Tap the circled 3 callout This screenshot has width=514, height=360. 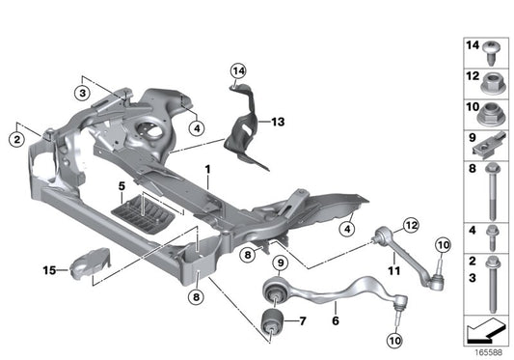84,92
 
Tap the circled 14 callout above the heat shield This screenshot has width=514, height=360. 238,69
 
